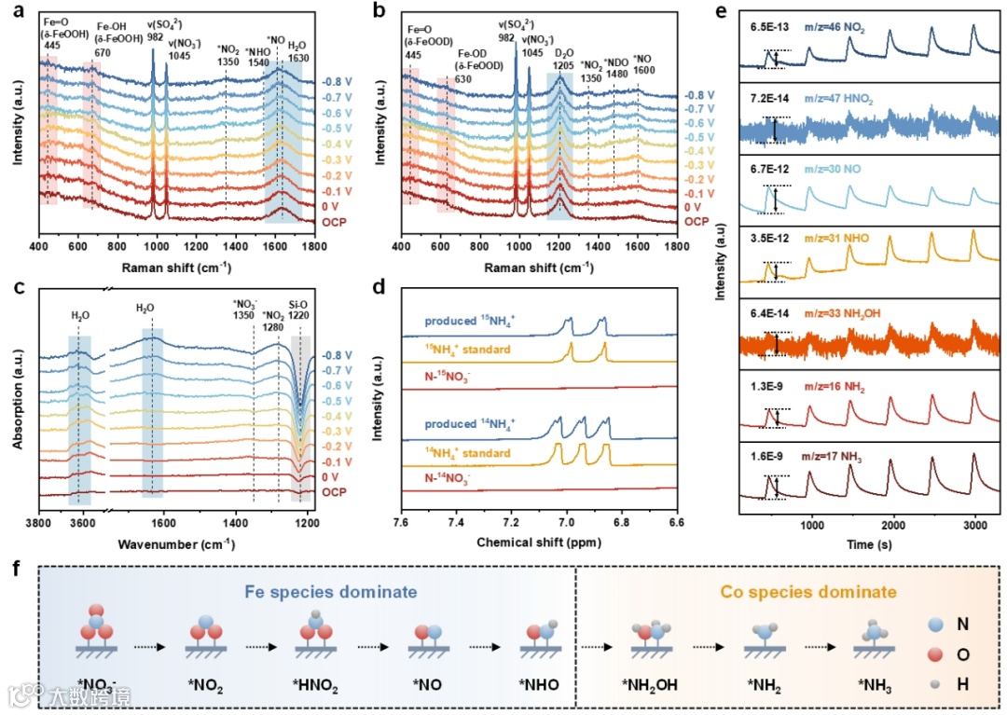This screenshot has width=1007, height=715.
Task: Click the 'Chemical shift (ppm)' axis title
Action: pyautogui.click(x=539, y=542)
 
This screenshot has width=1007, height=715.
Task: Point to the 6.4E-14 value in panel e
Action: pyautogui.click(x=768, y=316)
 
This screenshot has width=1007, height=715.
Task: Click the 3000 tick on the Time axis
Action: pyautogui.click(x=974, y=525)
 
